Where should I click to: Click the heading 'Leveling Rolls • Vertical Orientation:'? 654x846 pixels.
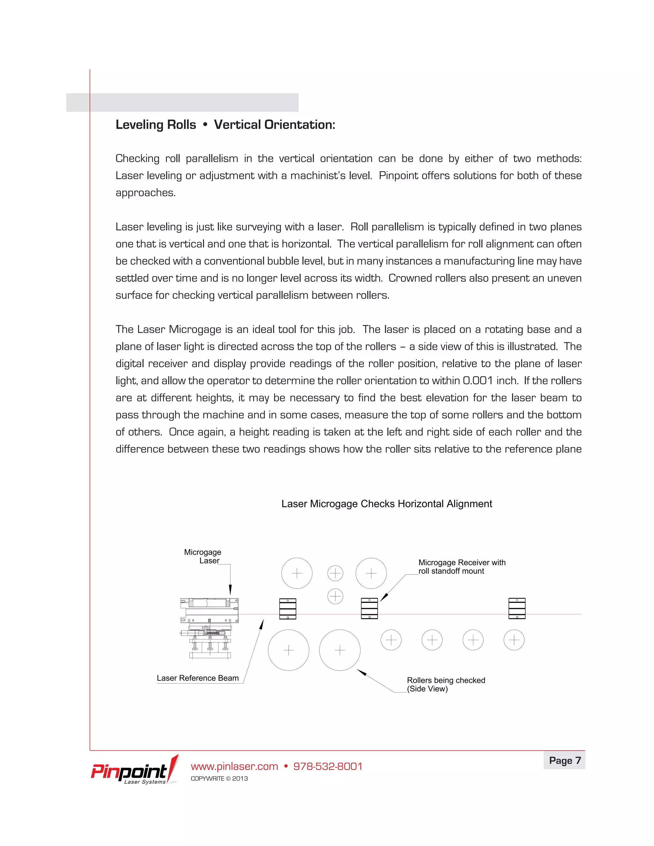pos(225,125)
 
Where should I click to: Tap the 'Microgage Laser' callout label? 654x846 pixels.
pos(203,556)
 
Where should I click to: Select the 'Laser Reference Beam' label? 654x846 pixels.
pos(198,678)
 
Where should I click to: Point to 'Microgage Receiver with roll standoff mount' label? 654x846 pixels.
pos(461,566)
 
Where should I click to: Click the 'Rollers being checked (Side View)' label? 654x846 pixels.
pos(445,684)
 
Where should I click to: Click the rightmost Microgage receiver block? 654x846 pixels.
pos(517,608)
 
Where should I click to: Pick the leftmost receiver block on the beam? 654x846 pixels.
pos(287,609)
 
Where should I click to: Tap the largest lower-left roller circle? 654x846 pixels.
pos(288,650)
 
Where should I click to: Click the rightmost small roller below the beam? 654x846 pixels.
pos(514,640)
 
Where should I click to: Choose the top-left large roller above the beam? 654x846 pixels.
pos(297,573)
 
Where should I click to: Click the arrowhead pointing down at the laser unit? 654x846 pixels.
pos(230,590)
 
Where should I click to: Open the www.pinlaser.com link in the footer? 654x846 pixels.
pos(234,766)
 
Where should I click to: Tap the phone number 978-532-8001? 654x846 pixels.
pos(328,766)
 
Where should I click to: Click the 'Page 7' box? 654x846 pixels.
pos(565,760)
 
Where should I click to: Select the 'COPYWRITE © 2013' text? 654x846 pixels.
pos(219,779)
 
